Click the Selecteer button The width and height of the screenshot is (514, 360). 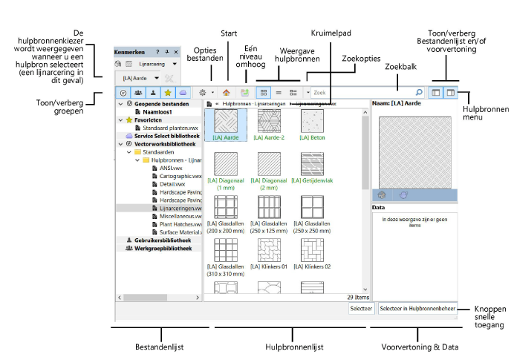tap(361, 307)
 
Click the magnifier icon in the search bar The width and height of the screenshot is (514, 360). tap(419, 93)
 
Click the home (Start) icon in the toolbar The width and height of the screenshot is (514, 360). tap(227, 93)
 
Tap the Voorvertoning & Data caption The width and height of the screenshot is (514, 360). tap(414, 346)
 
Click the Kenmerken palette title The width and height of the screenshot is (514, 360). tap(129, 52)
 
